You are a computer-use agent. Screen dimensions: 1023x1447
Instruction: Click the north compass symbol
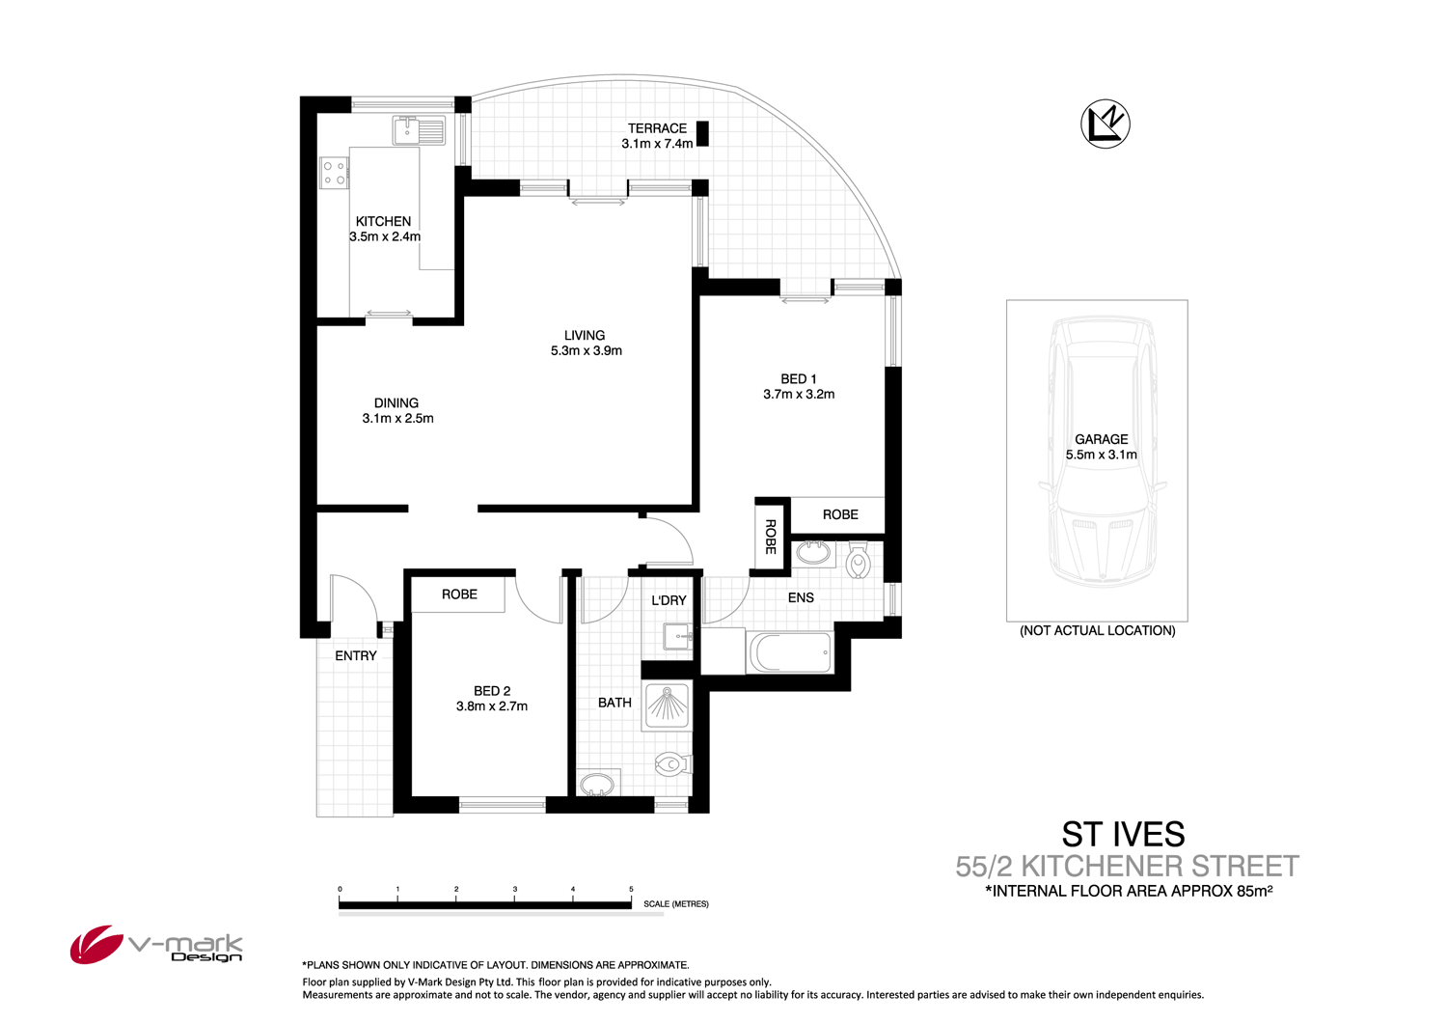coord(1105,124)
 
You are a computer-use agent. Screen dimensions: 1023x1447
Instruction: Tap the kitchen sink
coord(419,129)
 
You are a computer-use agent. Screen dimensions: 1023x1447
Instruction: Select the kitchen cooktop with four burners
coord(334,173)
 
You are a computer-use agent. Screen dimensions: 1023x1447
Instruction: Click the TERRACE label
coord(657,128)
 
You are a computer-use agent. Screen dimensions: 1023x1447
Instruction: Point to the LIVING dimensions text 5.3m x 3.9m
coord(586,351)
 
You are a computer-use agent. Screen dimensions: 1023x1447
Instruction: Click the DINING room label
coord(396,403)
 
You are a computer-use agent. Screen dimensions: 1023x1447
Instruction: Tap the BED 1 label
coord(798,379)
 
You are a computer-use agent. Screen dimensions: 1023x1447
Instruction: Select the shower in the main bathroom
coord(667,705)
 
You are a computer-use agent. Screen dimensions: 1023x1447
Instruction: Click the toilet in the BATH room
coord(672,764)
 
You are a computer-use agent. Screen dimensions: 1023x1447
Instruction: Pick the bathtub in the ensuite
coord(790,653)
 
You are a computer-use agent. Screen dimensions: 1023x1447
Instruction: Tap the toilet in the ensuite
coord(858,560)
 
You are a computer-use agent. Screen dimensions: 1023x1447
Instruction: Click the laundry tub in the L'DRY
coord(678,637)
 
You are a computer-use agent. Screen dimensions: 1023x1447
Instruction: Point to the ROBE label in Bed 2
coord(459,594)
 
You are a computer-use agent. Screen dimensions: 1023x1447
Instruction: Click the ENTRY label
coord(356,656)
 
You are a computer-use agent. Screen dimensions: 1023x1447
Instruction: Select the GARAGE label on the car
coord(1101,439)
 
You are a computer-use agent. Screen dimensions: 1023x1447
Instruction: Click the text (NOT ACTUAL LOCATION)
coord(1097,631)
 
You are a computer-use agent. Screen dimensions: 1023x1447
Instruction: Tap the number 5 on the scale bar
coord(631,889)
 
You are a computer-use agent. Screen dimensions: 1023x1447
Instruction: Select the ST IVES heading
coord(1123,834)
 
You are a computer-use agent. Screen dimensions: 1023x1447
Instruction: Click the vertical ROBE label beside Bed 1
coord(771,537)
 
